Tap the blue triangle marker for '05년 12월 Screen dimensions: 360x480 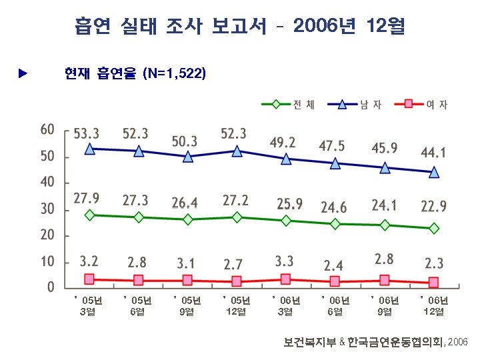[x=237, y=151]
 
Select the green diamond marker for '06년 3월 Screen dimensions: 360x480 [x=286, y=221]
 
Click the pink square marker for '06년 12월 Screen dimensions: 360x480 [x=433, y=282]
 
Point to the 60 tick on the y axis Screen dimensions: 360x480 [x=47, y=129]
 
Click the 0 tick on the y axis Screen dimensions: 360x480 [x=51, y=288]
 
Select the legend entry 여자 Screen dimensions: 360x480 [x=436, y=104]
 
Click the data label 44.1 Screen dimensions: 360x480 [x=433, y=153]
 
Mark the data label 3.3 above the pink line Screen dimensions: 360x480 [x=285, y=259]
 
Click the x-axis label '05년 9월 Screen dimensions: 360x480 [x=187, y=306]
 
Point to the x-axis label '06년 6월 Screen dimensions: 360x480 [x=335, y=306]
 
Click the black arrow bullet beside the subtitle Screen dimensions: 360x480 [x=23, y=71]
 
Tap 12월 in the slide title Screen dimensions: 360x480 [x=385, y=27]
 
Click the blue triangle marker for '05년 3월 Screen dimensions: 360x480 [x=89, y=149]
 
